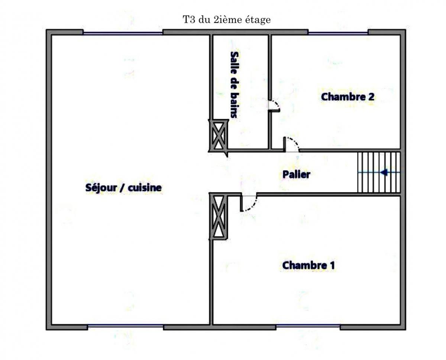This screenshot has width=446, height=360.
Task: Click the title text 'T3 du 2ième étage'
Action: (227, 20)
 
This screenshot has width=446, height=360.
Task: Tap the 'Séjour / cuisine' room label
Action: (123, 188)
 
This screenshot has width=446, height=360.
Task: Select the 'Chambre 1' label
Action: (308, 265)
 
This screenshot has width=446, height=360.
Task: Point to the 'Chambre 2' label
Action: (348, 97)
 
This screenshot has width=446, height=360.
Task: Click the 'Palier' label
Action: (296, 174)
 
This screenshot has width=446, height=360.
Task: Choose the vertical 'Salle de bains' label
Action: (235, 85)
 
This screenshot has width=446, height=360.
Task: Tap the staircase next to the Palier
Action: (379, 172)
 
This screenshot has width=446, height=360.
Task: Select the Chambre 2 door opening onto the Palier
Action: (291, 145)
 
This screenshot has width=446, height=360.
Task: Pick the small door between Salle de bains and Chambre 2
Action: (274, 106)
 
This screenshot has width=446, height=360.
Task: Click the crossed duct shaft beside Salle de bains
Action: (219, 136)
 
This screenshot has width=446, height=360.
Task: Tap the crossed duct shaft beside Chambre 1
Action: (219, 217)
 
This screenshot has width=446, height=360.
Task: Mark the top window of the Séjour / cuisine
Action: (123, 33)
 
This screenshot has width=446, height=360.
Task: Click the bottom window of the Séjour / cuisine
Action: (125, 325)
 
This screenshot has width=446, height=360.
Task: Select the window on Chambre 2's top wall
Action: (338, 33)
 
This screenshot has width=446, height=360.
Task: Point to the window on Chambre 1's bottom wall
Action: (308, 325)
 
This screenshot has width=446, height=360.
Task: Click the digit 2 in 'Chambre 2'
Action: (371, 97)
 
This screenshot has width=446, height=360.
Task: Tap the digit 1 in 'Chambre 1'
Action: (332, 265)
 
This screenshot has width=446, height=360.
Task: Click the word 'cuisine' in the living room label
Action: (145, 188)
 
